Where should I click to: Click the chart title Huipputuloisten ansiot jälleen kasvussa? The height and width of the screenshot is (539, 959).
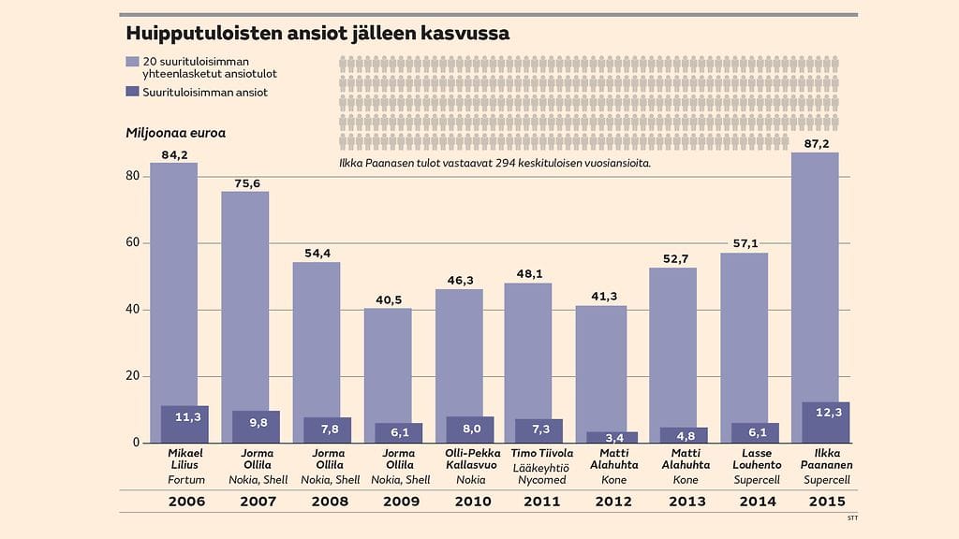[317, 34]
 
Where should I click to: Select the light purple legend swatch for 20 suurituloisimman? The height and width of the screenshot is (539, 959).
[132, 62]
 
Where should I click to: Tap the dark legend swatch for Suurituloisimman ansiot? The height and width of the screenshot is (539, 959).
[132, 93]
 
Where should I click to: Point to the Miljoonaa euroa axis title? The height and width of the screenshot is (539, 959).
[175, 133]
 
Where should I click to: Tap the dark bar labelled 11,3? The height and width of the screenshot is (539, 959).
[184, 424]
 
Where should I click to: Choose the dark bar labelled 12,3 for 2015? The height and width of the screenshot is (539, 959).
[826, 422]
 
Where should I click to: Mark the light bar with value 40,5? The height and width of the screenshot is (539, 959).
[388, 365]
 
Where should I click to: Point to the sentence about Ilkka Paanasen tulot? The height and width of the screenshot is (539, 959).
[494, 163]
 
